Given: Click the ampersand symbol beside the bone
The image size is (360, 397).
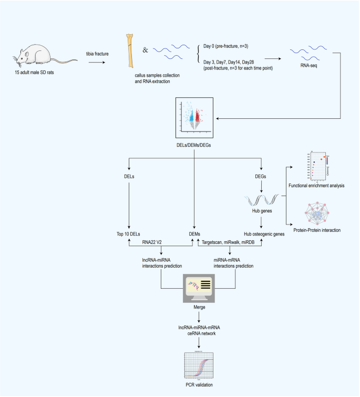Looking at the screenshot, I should coord(146,50).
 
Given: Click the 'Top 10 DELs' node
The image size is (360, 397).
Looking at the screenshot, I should coord(129,233).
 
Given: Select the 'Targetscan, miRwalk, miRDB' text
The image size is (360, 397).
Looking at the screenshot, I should coord(231,243).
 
